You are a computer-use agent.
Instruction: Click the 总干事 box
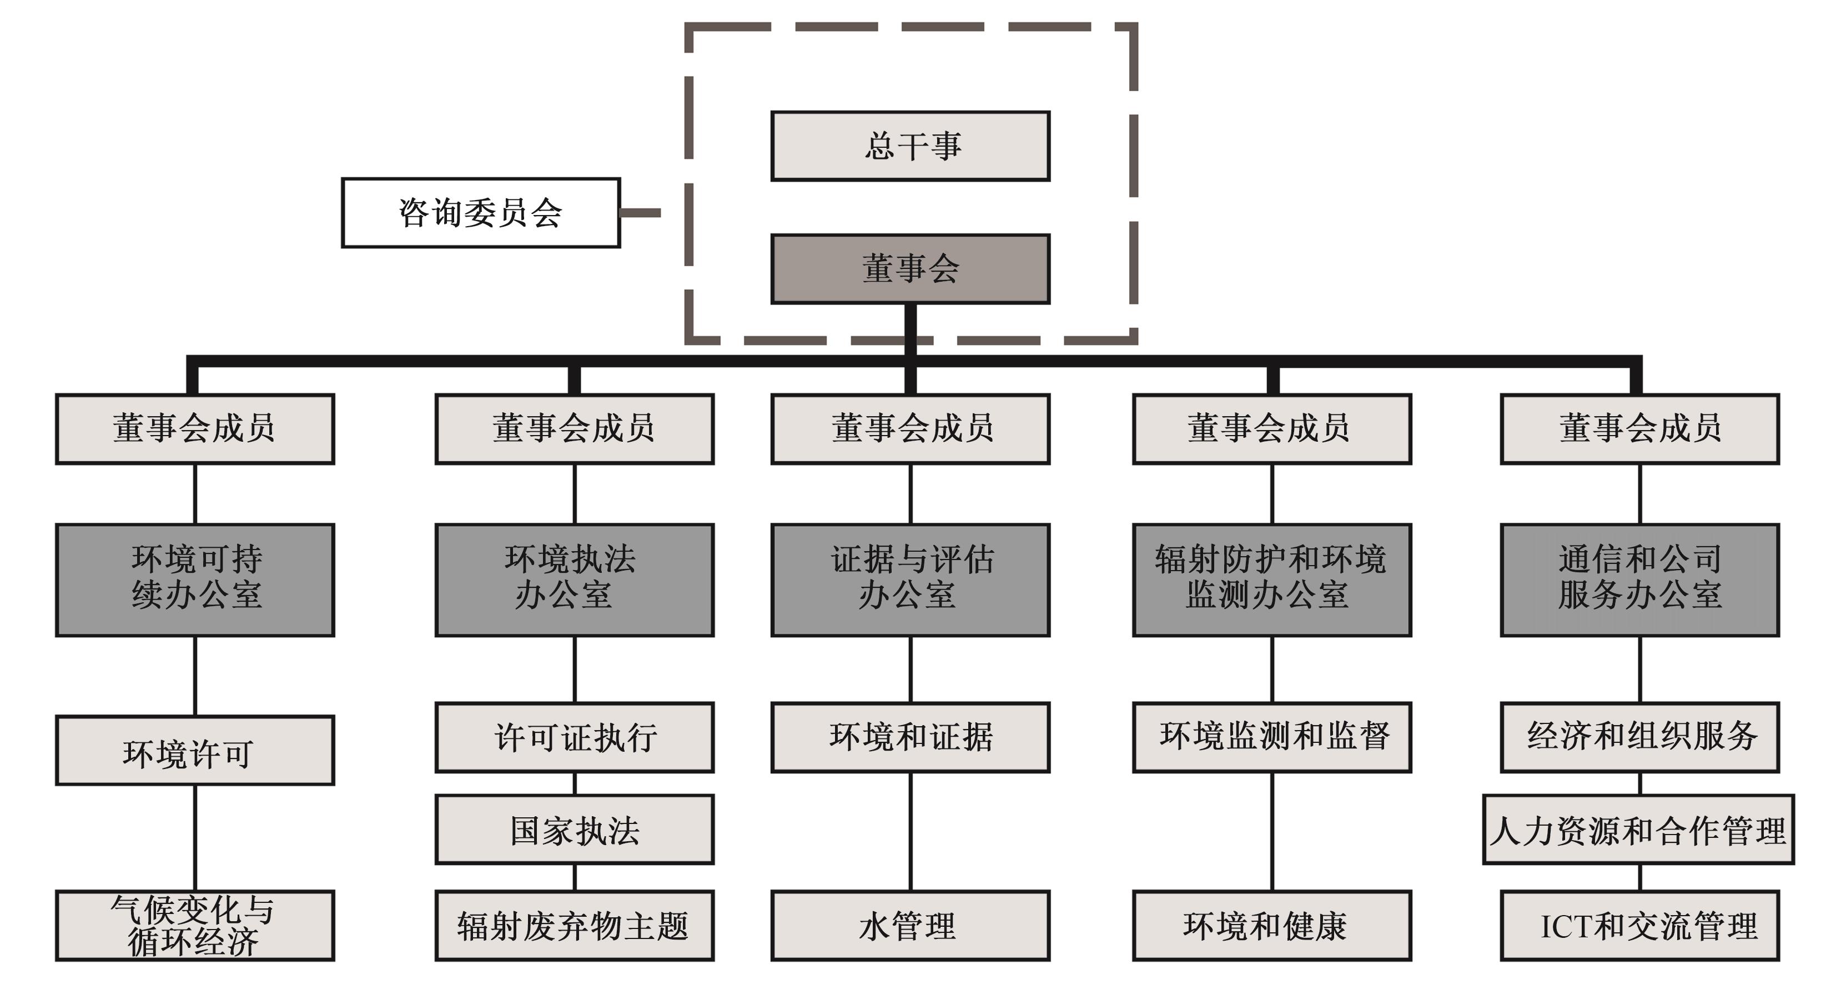[910, 146]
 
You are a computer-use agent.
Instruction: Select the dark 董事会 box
[910, 269]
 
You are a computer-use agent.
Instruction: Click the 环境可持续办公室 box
[194, 580]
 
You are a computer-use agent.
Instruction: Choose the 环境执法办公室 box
[575, 580]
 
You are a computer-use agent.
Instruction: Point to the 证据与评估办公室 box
[910, 580]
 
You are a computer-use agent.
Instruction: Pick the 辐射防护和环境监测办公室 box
[1271, 580]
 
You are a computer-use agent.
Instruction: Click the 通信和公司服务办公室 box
[1639, 580]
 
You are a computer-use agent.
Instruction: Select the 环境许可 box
[194, 750]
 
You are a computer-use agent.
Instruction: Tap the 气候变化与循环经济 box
[194, 925]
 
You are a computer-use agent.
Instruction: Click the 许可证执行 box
[575, 737]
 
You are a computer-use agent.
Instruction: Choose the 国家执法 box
[575, 830]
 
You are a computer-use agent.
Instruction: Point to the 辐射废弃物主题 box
[575, 925]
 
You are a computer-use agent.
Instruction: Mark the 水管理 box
[910, 925]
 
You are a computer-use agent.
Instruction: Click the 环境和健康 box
[1271, 925]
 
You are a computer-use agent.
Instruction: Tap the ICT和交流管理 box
[1639, 925]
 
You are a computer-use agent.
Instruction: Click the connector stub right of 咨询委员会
[640, 212]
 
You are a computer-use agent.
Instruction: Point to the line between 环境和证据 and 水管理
[910, 831]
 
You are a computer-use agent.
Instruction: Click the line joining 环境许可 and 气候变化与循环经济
[194, 838]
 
